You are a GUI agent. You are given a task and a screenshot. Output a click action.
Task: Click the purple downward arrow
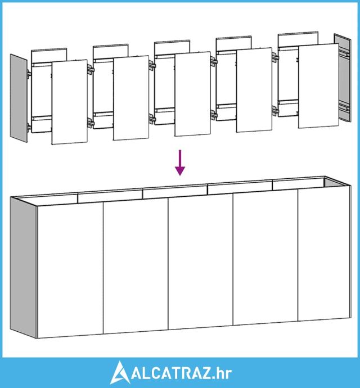coord(180,163)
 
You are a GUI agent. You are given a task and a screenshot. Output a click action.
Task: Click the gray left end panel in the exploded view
coord(19,98)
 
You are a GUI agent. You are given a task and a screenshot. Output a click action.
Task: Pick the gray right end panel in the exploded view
coord(343,78)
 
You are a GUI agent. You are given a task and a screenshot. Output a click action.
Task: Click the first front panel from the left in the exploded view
coord(70,102)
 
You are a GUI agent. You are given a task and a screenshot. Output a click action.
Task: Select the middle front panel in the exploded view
coord(192,94)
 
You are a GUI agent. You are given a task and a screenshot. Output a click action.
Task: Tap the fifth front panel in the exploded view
coord(318,85)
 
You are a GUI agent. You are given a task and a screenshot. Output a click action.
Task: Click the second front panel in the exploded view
coord(131,98)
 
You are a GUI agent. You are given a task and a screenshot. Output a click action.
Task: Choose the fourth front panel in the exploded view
coord(254,90)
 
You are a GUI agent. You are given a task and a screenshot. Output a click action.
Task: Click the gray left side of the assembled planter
coord(23,267)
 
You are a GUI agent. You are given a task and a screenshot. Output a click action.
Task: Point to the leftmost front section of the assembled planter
coord(70,270)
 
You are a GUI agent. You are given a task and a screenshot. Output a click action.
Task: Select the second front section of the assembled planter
coord(136,266)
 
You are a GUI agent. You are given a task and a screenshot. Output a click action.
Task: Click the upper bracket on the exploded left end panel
coord(29,74)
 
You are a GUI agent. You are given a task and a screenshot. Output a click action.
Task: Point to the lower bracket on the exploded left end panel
coord(29,127)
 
